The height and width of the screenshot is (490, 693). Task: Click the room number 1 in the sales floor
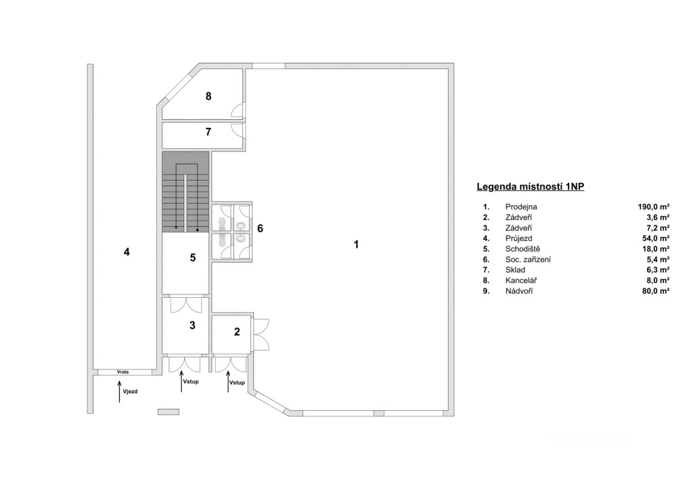(x=356, y=244)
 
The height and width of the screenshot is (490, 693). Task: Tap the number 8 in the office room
(x=208, y=96)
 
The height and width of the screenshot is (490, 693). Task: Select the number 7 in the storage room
(x=208, y=132)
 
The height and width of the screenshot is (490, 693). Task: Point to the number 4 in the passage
(x=127, y=252)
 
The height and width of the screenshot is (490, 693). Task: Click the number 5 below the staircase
(x=193, y=257)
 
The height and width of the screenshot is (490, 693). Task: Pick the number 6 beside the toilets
(x=261, y=228)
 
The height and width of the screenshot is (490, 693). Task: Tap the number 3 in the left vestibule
(x=192, y=325)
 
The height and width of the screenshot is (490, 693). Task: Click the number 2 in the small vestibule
(x=237, y=332)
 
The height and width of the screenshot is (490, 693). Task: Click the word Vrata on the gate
(x=123, y=372)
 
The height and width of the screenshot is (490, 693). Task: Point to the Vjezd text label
(x=130, y=391)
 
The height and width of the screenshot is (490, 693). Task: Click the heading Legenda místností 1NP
(x=531, y=186)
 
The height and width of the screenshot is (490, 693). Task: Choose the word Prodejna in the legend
(x=521, y=207)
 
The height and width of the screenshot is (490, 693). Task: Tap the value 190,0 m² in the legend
(x=654, y=207)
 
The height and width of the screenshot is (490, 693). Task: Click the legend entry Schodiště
(x=523, y=249)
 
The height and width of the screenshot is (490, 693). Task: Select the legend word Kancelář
(x=521, y=281)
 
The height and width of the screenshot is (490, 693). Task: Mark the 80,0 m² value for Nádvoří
(x=656, y=291)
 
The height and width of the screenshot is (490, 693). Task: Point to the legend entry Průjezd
(x=519, y=239)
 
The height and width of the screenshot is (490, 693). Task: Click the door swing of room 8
(x=238, y=111)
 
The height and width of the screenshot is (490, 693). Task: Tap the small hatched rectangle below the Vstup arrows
(x=169, y=411)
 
